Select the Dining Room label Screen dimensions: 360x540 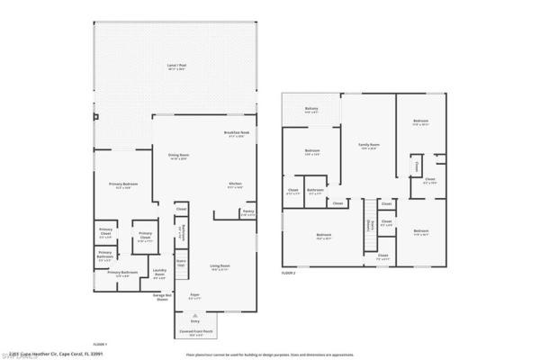pos(179,157)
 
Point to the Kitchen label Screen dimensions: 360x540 pos(235,185)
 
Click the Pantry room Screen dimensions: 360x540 pos(247,213)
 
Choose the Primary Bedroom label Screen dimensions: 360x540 pos(121,186)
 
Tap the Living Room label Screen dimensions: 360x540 pos(220,267)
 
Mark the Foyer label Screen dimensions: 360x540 pos(193,294)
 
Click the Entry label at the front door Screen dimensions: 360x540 pos(194,319)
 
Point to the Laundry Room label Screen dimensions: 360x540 pos(158,275)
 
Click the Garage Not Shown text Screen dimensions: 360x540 pos(162,297)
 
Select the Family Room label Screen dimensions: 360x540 pos(367,146)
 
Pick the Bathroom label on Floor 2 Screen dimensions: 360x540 pos(315,191)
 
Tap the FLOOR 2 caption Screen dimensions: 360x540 pos(288,271)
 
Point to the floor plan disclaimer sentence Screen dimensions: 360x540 pos(270,355)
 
